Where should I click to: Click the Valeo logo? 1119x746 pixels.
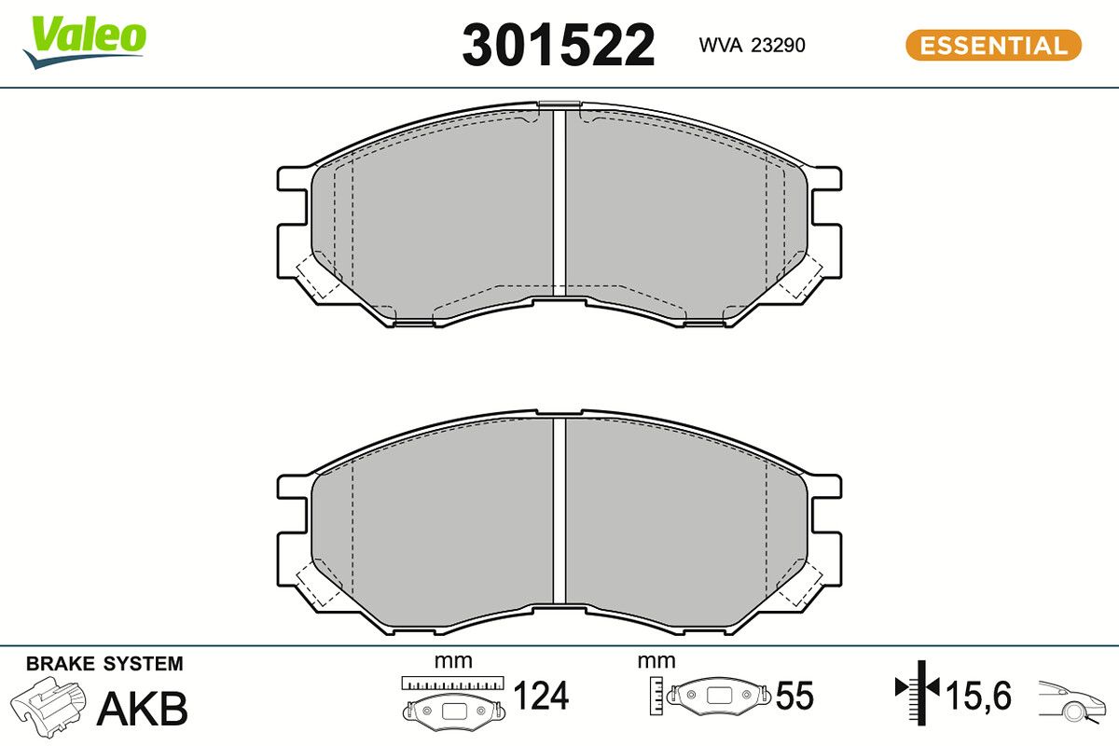(85, 42)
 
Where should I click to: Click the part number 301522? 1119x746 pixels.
(558, 46)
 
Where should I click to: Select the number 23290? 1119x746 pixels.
(779, 46)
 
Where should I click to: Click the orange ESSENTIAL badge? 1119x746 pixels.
(994, 46)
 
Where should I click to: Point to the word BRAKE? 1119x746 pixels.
(60, 664)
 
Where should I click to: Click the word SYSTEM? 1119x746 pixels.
(144, 664)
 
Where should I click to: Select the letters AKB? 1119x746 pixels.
(143, 709)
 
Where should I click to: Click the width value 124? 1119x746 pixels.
(542, 696)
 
